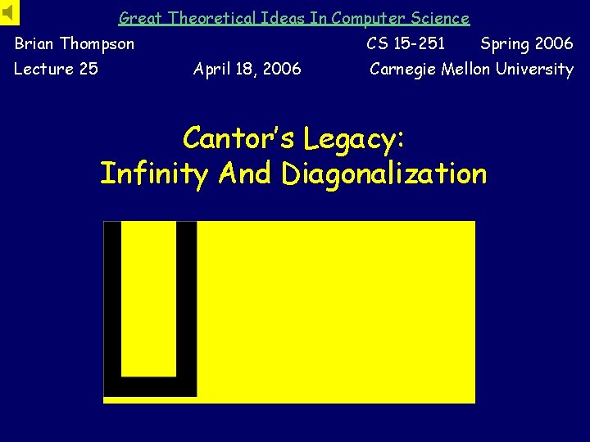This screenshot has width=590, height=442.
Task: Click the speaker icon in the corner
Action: [9, 11]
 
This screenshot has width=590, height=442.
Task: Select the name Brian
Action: [35, 43]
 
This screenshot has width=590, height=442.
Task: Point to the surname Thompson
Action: [97, 43]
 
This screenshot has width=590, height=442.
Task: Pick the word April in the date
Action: [211, 69]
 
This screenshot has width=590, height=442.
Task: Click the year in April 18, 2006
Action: [281, 69]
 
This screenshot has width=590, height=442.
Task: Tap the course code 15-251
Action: [419, 43]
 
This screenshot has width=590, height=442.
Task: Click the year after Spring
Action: [554, 43]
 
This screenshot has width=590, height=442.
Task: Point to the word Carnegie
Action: [403, 69]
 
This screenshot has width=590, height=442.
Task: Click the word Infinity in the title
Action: [155, 174]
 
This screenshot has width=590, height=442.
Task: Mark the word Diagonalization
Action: [383, 174]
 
